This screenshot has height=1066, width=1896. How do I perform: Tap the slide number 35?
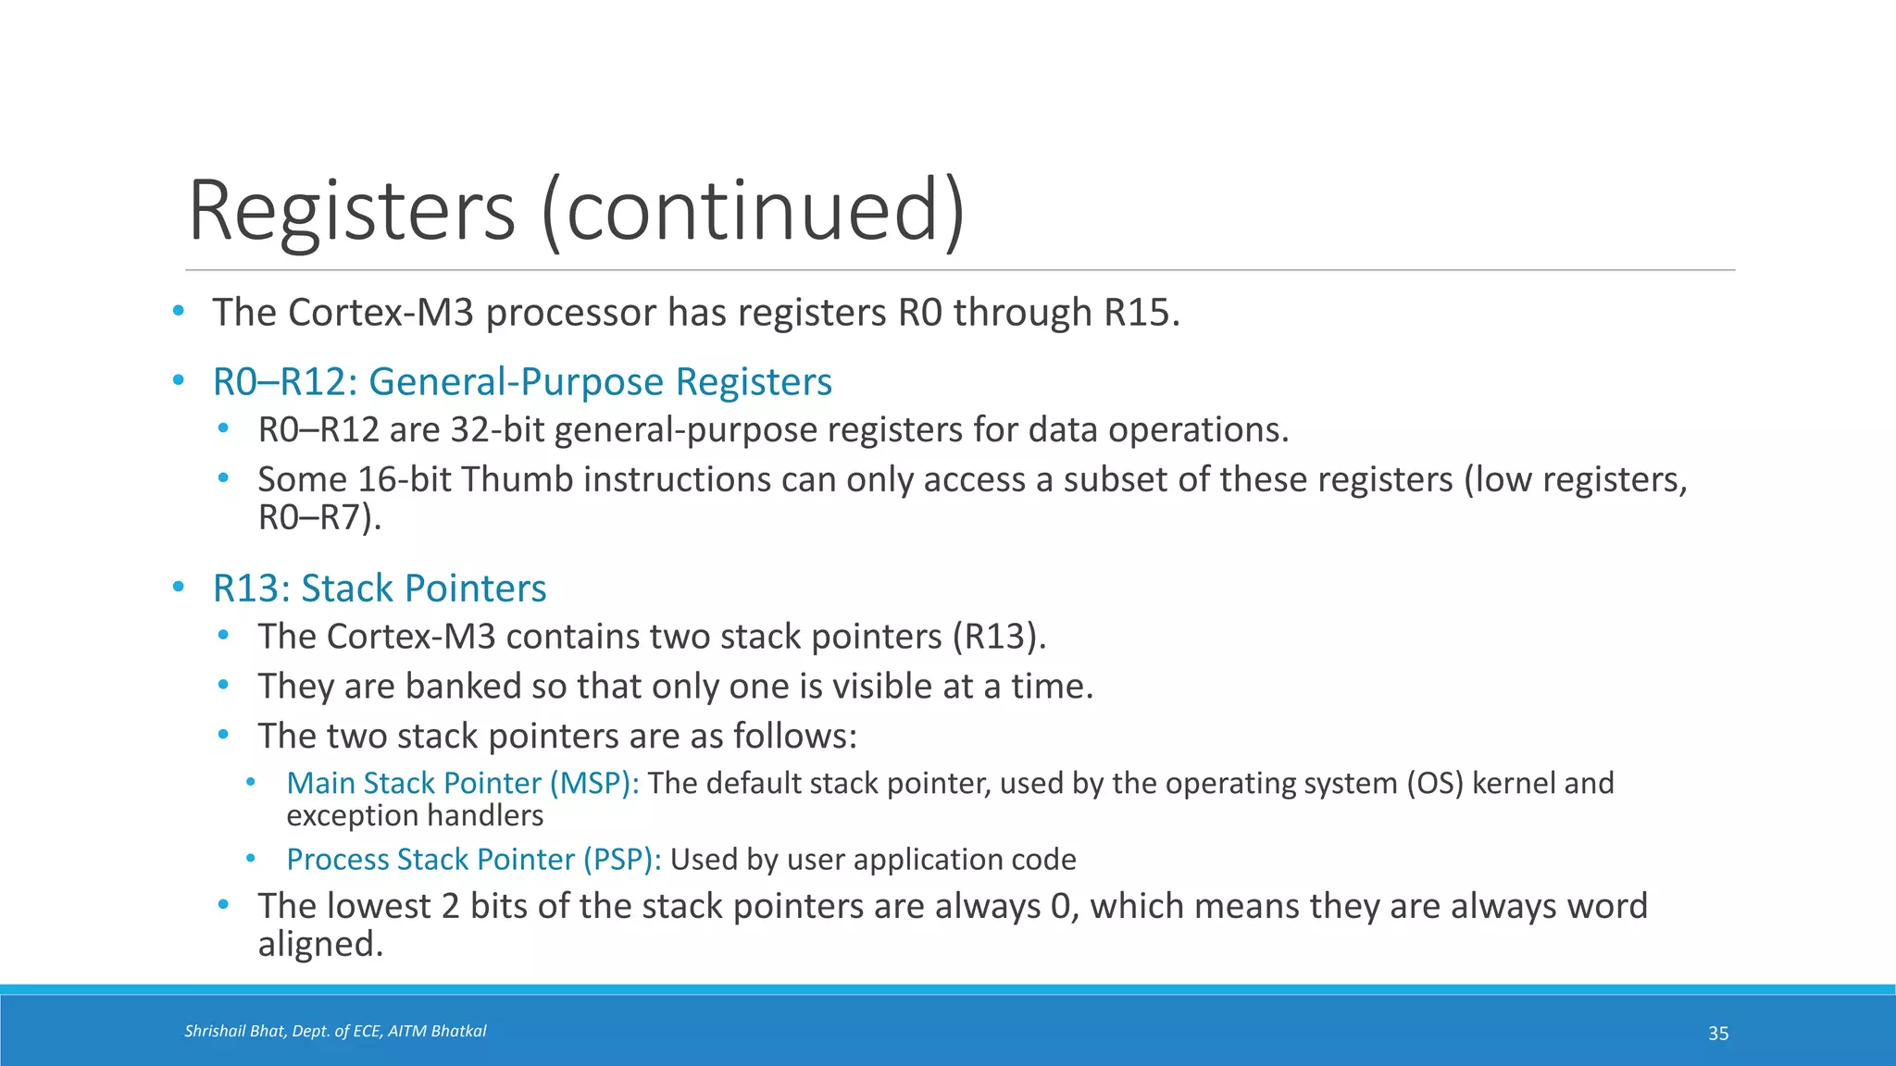point(1717,1034)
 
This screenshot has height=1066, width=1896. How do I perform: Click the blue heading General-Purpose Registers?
point(600,382)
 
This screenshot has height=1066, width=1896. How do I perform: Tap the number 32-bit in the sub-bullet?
point(498,430)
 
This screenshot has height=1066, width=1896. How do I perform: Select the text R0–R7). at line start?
point(319,517)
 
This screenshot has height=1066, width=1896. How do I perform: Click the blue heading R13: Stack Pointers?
point(380,589)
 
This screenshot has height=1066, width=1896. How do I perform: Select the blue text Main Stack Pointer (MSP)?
point(462,784)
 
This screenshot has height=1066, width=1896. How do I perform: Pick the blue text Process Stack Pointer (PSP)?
point(473,860)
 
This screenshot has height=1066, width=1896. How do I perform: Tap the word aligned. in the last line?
point(320,945)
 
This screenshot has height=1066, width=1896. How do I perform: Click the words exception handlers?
point(415,816)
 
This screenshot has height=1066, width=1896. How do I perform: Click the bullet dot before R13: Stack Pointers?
point(179,588)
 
